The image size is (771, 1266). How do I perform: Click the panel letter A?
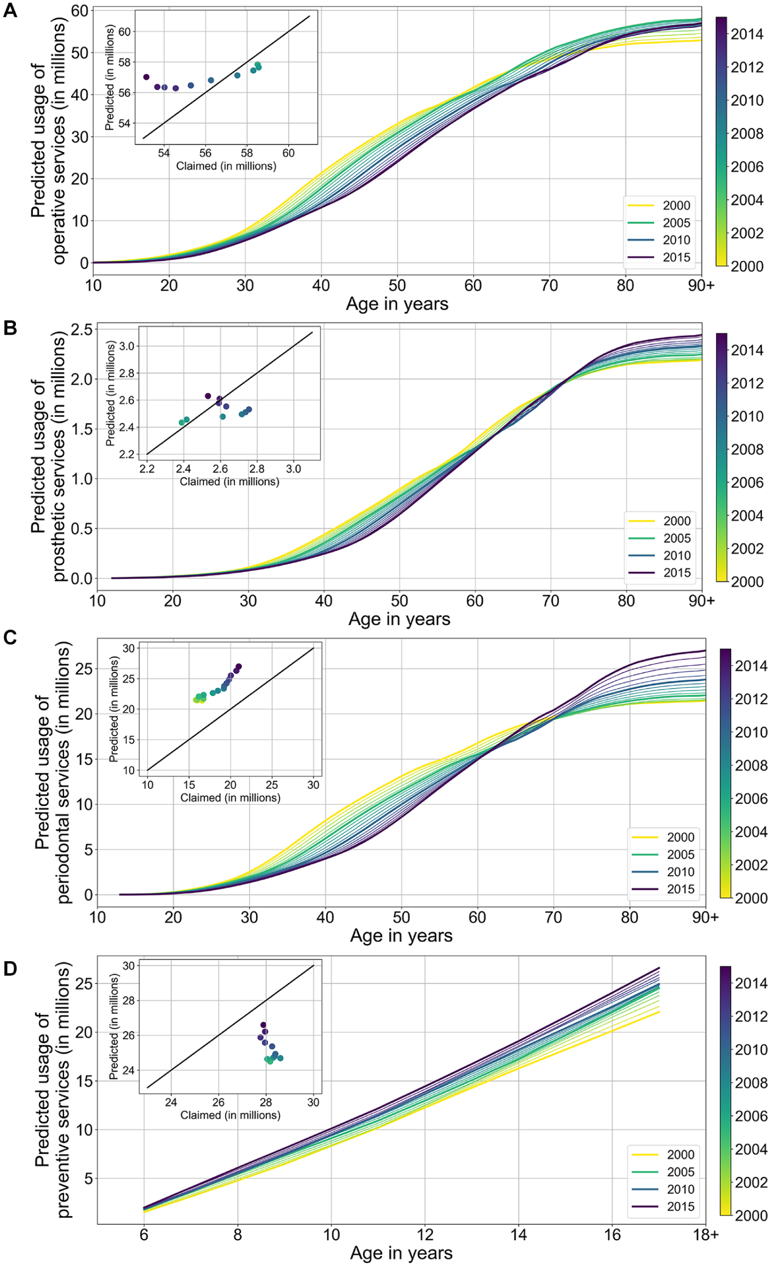(x=10, y=10)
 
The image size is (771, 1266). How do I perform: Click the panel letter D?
(x=10, y=968)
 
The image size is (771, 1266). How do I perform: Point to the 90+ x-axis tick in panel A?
(x=701, y=285)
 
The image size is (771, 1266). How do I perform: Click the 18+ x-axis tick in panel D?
(x=705, y=1235)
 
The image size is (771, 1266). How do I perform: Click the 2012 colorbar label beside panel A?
(x=747, y=67)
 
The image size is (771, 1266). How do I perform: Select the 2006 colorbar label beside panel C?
(x=751, y=799)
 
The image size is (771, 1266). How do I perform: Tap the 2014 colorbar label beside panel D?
(x=751, y=983)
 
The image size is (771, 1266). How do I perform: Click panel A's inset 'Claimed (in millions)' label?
(x=226, y=166)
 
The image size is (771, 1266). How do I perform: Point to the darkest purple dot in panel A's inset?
(x=146, y=77)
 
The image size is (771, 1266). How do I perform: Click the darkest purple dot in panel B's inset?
(x=208, y=396)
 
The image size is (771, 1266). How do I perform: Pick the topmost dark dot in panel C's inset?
(x=239, y=667)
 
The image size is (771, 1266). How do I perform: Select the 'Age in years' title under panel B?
(x=399, y=619)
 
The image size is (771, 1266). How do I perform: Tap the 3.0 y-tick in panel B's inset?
(x=127, y=346)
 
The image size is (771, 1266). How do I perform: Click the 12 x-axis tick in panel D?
(x=425, y=1235)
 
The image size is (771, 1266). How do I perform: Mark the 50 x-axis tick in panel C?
(x=401, y=917)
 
